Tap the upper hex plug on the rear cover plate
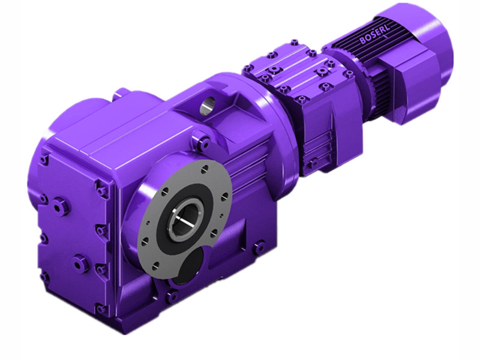(x=59, y=206)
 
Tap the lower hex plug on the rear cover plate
(x=79, y=262)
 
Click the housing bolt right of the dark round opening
(x=259, y=246)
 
